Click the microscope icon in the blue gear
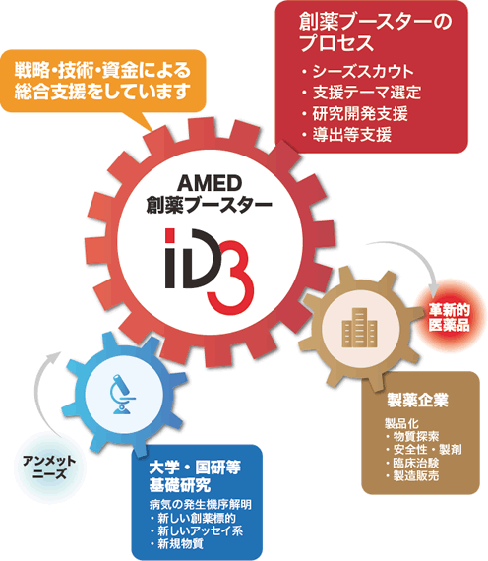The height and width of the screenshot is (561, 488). tap(122, 394)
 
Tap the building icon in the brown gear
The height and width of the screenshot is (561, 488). tap(359, 328)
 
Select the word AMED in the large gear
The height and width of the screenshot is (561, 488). tap(210, 183)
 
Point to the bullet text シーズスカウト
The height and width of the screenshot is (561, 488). tap(363, 72)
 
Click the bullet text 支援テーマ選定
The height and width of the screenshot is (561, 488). tap(366, 93)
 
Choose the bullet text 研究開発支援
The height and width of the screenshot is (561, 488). tap(359, 113)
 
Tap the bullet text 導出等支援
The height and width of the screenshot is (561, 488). tap(351, 135)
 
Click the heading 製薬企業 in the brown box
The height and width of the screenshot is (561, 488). tap(417, 400)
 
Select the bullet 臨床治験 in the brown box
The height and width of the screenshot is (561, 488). tap(416, 463)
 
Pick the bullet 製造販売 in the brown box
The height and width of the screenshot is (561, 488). tap(416, 475)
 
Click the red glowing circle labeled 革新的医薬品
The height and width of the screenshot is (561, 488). tap(449, 317)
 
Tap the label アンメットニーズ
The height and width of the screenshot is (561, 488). tap(49, 467)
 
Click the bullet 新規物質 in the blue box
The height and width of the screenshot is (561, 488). tap(180, 544)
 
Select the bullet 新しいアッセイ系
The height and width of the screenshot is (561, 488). tap(201, 530)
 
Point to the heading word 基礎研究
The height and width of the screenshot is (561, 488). tap(180, 485)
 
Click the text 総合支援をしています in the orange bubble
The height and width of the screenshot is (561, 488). tap(101, 92)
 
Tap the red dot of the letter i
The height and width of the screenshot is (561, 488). tap(170, 236)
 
